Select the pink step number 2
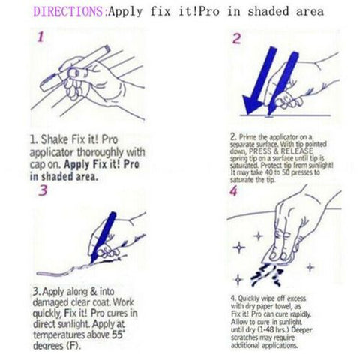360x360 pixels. (235, 39)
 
